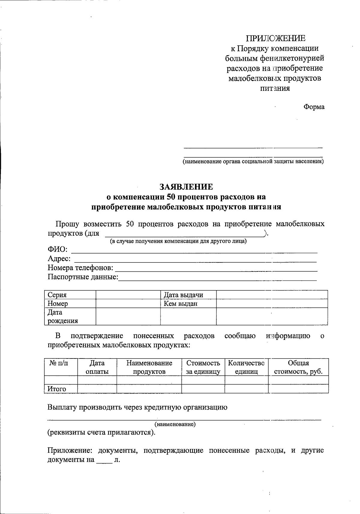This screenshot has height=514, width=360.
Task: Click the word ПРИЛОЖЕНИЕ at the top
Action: pyautogui.click(x=275, y=38)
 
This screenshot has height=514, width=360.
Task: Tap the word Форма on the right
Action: pyautogui.click(x=314, y=107)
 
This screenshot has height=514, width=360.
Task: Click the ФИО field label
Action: pyautogui.click(x=57, y=249)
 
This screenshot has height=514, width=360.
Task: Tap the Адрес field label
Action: pyautogui.click(x=59, y=259)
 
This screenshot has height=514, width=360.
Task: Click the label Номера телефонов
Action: pyautogui.click(x=80, y=268)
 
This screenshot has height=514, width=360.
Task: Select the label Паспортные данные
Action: pyautogui.click(x=83, y=277)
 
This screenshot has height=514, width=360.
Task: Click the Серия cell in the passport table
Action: pyautogui.click(x=57, y=295)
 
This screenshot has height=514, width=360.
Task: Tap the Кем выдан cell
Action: pyautogui.click(x=180, y=304)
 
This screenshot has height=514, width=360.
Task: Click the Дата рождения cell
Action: pyautogui.click(x=63, y=316)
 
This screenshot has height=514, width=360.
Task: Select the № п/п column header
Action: pyautogui.click(x=59, y=363)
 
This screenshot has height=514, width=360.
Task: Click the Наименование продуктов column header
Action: pyautogui.click(x=149, y=367)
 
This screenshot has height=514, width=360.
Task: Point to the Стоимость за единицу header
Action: pyautogui.click(x=203, y=367)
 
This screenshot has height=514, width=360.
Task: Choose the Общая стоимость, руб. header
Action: pyautogui.click(x=298, y=367)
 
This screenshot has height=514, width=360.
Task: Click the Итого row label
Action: pyautogui.click(x=57, y=389)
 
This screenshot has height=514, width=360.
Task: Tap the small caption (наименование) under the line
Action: pyautogui.click(x=175, y=425)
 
